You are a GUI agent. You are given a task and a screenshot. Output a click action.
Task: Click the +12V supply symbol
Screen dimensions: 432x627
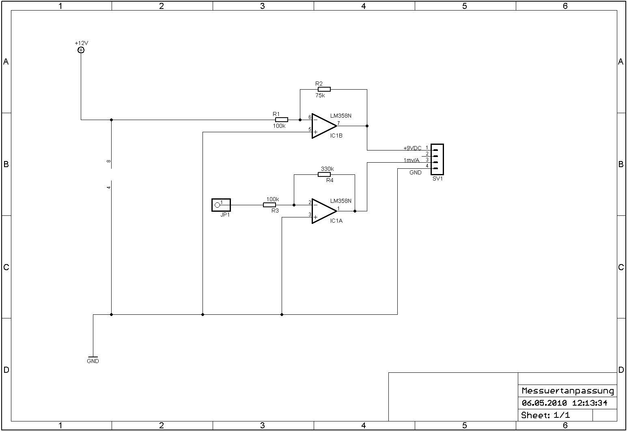click(x=81, y=50)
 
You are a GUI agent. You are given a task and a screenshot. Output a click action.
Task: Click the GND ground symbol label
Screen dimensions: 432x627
click(x=93, y=361)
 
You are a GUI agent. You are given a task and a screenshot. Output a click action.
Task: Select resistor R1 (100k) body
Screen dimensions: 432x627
click(x=282, y=120)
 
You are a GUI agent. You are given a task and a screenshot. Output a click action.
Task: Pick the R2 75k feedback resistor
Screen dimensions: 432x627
click(x=324, y=89)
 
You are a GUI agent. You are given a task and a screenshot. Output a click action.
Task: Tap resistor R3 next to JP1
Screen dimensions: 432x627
click(x=269, y=205)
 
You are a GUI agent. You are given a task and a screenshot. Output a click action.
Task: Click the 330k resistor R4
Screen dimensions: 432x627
click(x=324, y=174)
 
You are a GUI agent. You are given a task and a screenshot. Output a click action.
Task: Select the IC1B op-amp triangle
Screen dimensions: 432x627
click(x=323, y=126)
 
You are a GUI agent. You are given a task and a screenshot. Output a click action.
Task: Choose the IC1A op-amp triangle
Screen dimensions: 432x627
click(x=323, y=211)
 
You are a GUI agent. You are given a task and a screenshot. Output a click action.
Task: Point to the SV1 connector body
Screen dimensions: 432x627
click(x=437, y=159)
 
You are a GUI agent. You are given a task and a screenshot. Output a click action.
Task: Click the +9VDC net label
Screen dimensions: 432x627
click(x=412, y=148)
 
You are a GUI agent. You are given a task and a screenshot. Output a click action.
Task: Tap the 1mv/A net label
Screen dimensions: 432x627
click(x=412, y=160)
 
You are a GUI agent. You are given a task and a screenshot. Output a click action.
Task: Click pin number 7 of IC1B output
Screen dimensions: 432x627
click(x=338, y=123)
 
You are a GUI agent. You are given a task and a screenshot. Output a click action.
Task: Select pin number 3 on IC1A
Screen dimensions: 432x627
click(x=310, y=215)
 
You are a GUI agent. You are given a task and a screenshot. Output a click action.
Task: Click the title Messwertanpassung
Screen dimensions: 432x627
click(x=568, y=391)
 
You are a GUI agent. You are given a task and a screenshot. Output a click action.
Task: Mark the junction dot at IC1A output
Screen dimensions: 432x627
click(x=355, y=211)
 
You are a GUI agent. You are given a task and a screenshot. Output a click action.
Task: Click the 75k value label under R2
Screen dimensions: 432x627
click(x=320, y=96)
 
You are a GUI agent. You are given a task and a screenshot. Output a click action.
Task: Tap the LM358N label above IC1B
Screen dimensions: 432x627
click(x=341, y=116)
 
